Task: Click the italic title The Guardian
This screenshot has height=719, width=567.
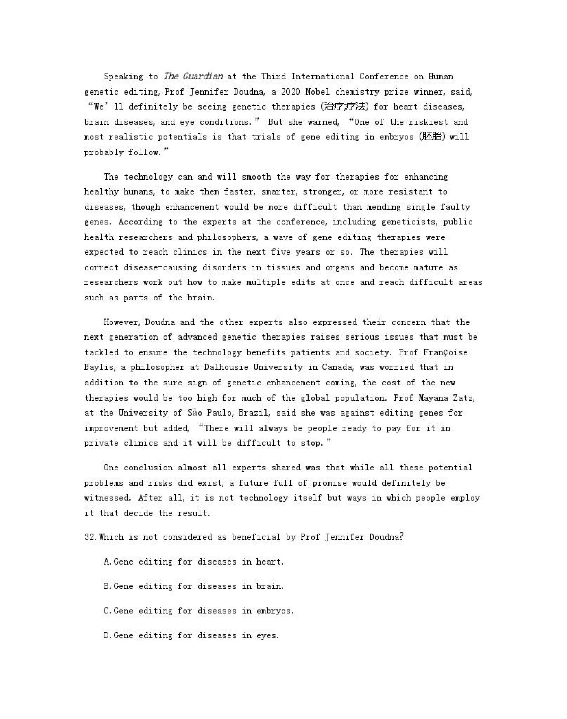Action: [x=193, y=76]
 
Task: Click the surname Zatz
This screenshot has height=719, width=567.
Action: [x=464, y=398]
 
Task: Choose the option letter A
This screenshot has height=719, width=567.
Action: [x=107, y=562]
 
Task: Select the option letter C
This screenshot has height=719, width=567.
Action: [x=107, y=611]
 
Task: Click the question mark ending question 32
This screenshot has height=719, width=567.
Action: [x=401, y=537]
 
